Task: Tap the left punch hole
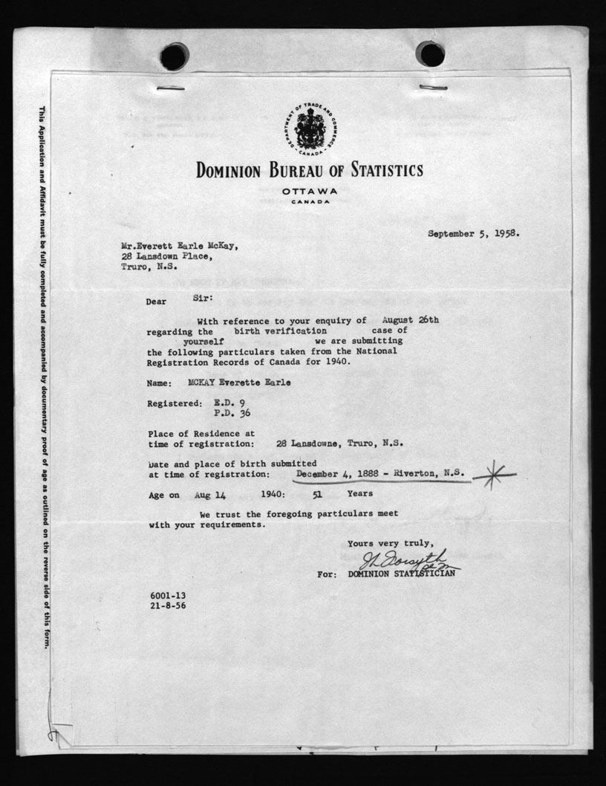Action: click(175, 56)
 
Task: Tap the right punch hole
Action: click(430, 53)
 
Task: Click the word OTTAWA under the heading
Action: click(310, 191)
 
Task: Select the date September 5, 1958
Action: click(473, 233)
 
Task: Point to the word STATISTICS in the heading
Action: click(379, 170)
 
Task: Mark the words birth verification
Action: click(280, 330)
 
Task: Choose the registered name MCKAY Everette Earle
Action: click(228, 382)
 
